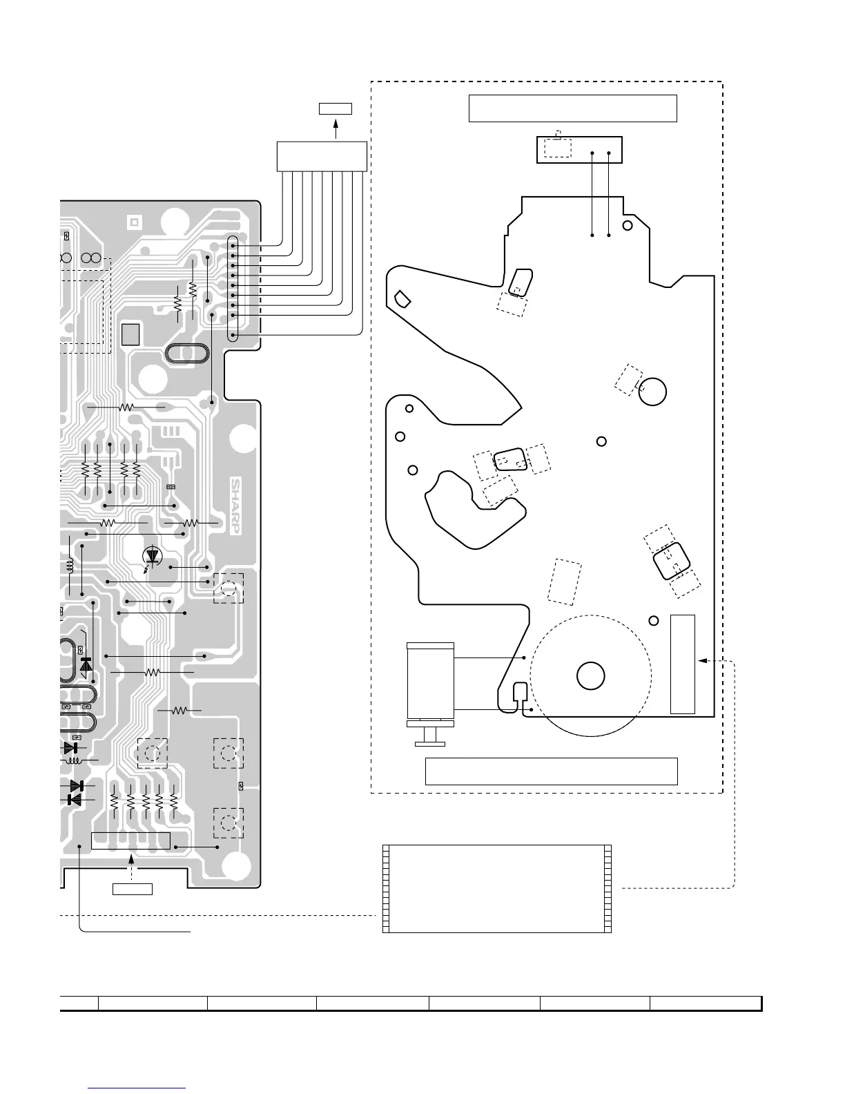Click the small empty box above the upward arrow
coord(336,108)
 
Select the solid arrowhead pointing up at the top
coord(336,125)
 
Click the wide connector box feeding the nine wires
coord(322,155)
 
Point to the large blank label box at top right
coord(572,108)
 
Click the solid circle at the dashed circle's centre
coord(590,675)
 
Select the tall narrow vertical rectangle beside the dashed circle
coord(682,664)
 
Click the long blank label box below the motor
coord(551,771)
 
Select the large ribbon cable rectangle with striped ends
coord(497,888)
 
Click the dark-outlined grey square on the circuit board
coord(130,334)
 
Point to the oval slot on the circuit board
coord(186,353)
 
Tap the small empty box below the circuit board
coord(132,888)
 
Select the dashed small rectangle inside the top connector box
coord(558,147)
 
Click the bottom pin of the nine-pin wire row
coord(233,336)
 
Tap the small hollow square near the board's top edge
coord(134,222)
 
